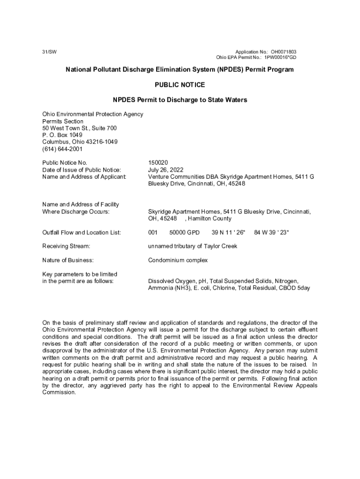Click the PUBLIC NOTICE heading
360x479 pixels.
click(x=180, y=85)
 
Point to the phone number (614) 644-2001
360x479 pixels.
click(x=62, y=149)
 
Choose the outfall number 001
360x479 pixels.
click(x=153, y=232)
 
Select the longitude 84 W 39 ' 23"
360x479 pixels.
click(x=272, y=232)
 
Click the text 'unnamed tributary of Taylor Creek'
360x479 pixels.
click(x=193, y=246)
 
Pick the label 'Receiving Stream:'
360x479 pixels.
click(x=66, y=246)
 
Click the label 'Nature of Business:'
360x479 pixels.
click(x=68, y=260)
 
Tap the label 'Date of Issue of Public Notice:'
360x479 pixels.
click(x=82, y=170)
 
